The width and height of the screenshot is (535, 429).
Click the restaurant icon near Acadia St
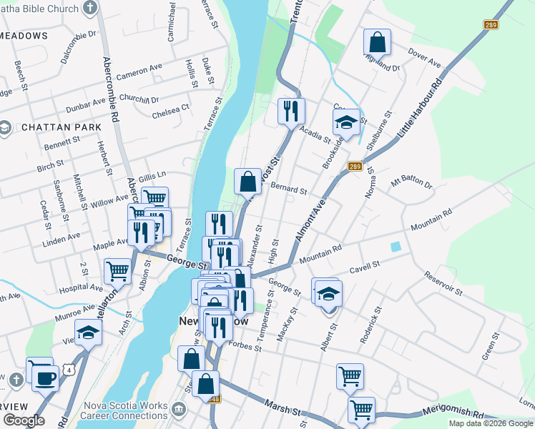click(291, 111)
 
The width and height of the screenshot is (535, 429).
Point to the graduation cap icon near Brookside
click(346, 123)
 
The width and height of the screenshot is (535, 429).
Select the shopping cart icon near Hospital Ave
click(117, 271)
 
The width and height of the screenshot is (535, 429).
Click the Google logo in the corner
click(24, 420)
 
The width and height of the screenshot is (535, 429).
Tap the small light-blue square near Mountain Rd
click(395, 247)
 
